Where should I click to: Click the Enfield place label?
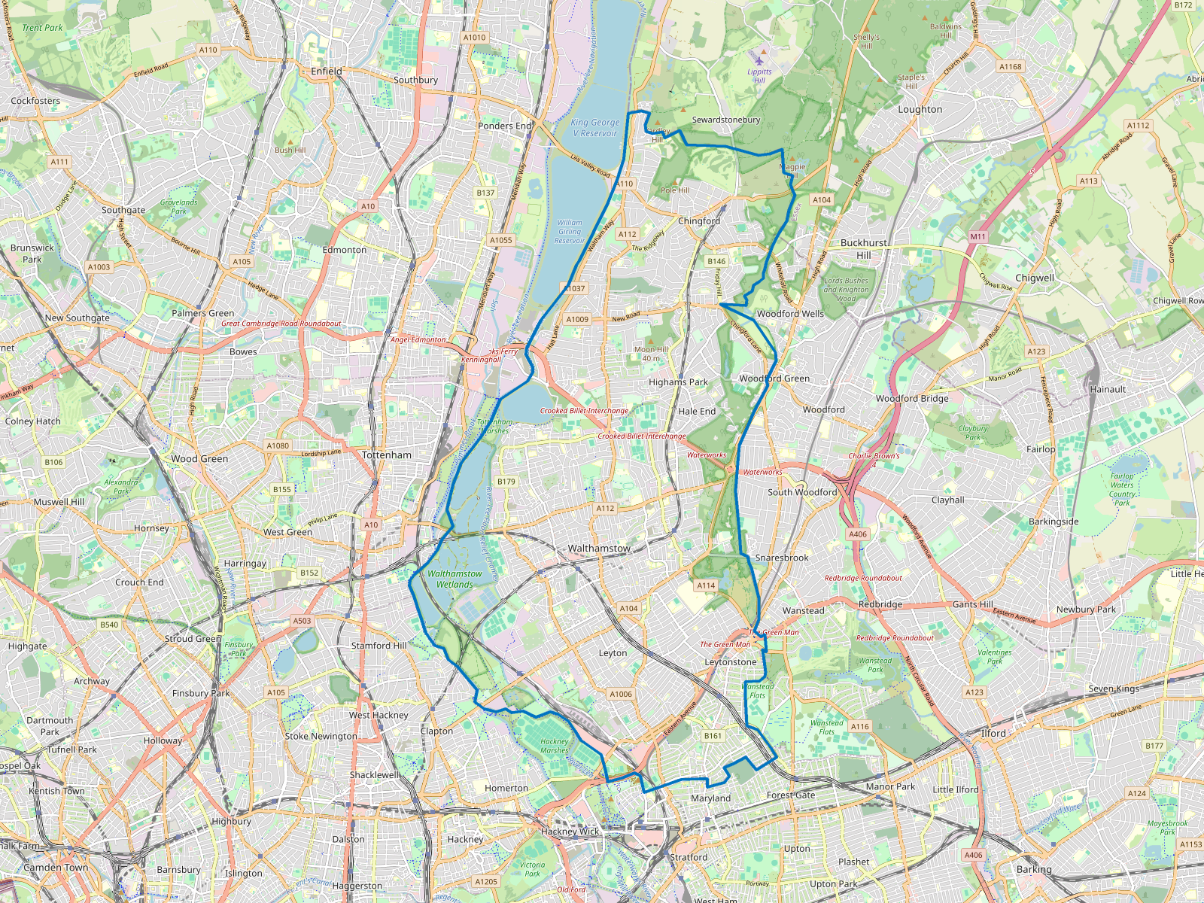(x=327, y=71)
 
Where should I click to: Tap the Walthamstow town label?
(x=599, y=549)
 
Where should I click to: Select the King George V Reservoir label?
(x=594, y=128)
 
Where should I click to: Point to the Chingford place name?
(x=699, y=221)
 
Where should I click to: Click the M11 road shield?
(x=977, y=236)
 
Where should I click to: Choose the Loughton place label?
(x=920, y=109)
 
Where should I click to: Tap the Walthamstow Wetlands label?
(x=455, y=579)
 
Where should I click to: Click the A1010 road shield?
(x=474, y=37)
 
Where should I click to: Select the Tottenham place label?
(x=387, y=455)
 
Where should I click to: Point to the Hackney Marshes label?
(x=555, y=746)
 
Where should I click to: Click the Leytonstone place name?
(x=731, y=662)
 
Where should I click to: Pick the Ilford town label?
(x=993, y=733)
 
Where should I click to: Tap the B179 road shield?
(x=506, y=482)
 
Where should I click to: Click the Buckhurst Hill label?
(x=864, y=249)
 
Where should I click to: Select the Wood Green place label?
(x=199, y=458)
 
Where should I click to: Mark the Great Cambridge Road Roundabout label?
(x=281, y=324)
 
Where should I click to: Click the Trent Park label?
(x=43, y=28)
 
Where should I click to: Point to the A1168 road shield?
(x=1011, y=66)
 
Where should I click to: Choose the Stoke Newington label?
(x=321, y=736)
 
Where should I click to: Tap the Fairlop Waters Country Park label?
(x=1122, y=489)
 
